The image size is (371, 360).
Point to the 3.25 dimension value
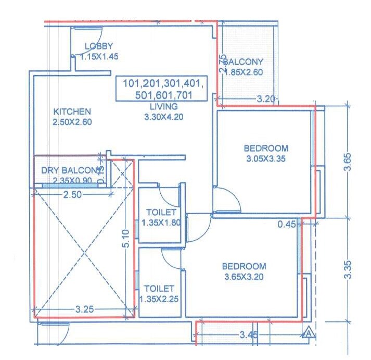(x=84, y=309)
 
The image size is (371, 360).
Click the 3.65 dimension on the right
(x=351, y=162)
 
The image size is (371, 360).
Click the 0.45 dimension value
(x=287, y=225)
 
